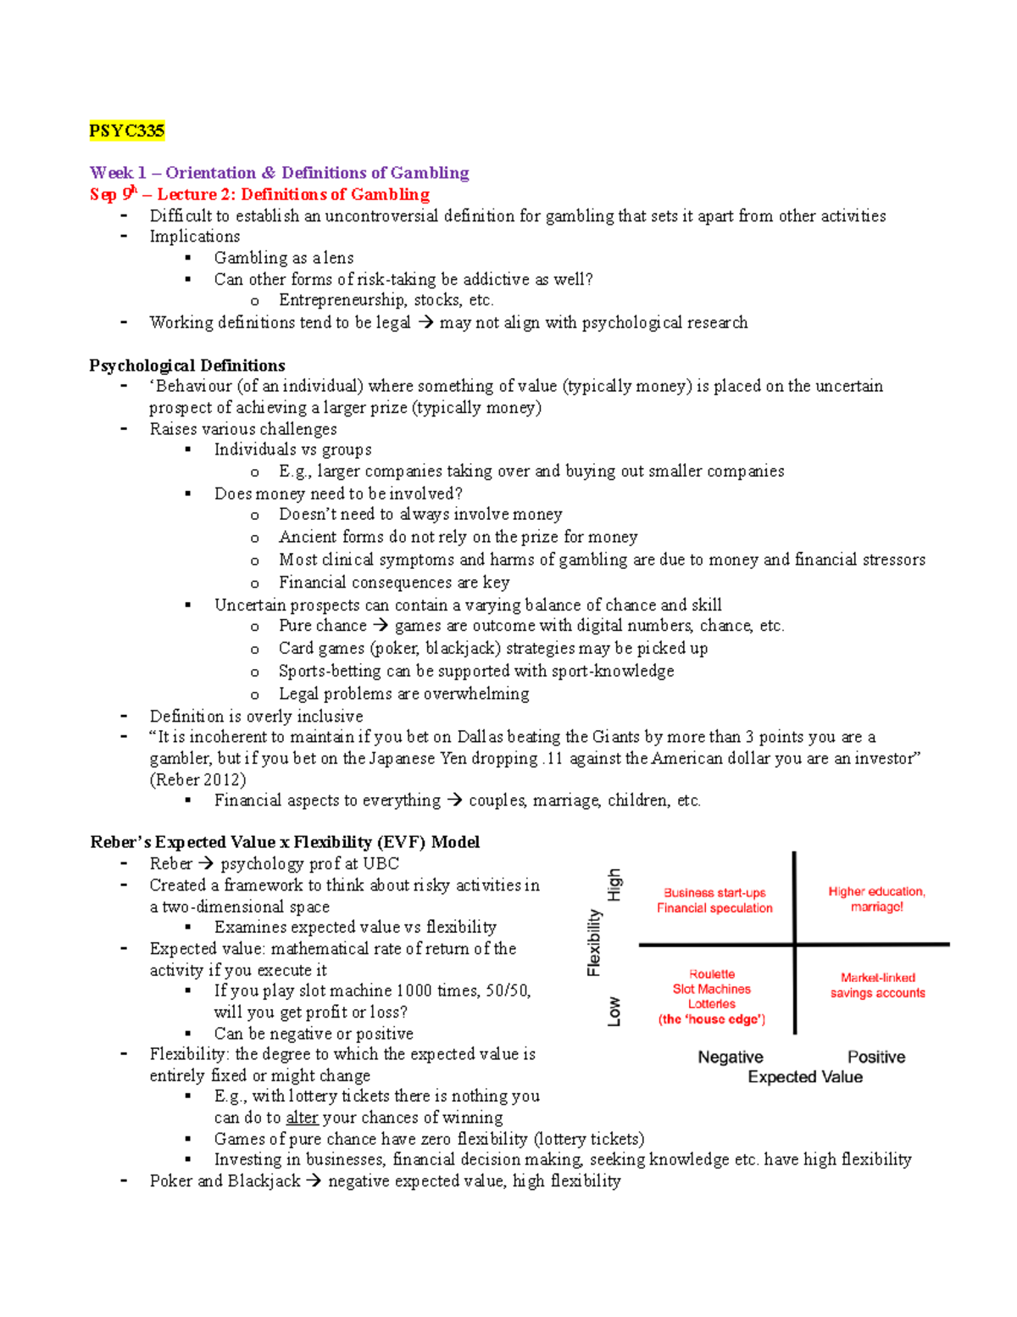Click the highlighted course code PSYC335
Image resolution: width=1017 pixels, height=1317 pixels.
click(126, 131)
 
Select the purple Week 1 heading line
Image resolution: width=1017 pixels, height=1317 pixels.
click(279, 173)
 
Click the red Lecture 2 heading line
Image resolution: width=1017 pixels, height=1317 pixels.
click(259, 194)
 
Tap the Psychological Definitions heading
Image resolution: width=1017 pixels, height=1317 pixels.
click(186, 366)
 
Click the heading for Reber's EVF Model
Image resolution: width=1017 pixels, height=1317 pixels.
click(285, 842)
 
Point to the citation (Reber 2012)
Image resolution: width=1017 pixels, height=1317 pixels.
click(197, 779)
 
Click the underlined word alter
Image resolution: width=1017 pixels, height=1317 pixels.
click(302, 1118)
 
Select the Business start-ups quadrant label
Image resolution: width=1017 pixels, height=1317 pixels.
click(714, 900)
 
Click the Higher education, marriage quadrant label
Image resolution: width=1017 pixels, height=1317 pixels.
click(876, 899)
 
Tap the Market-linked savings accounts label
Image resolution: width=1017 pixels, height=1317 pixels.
click(877, 985)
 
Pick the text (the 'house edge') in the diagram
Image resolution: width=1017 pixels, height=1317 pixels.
click(712, 1019)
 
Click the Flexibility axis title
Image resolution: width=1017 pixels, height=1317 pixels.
click(594, 942)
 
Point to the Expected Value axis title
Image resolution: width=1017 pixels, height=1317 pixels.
click(804, 1077)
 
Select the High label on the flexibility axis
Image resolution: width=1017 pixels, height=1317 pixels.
click(614, 885)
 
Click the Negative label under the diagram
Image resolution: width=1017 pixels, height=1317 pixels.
click(730, 1057)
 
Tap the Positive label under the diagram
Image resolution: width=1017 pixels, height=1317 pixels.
click(875, 1057)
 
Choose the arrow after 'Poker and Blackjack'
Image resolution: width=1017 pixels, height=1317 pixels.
click(314, 1181)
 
